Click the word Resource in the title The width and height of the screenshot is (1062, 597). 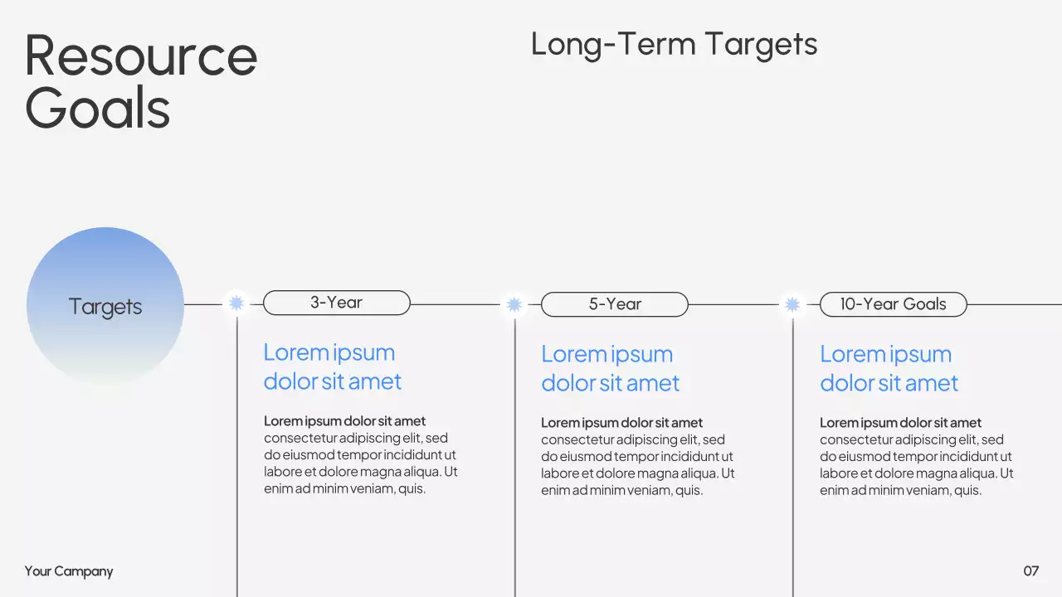[x=141, y=56]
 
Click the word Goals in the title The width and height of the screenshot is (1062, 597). [x=98, y=109]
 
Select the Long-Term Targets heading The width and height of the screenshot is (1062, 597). [x=674, y=44]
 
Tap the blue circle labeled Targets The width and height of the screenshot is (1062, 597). [x=105, y=306]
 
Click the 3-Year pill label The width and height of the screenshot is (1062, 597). [x=336, y=303]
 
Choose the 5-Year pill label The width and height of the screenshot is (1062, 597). [x=615, y=304]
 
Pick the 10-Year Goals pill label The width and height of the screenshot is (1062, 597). [x=893, y=304]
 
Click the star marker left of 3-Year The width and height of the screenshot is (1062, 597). [x=236, y=303]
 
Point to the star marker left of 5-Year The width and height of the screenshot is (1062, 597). [x=514, y=305]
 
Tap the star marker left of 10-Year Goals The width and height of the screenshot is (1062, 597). [x=792, y=305]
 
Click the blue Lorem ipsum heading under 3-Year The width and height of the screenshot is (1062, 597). [x=332, y=366]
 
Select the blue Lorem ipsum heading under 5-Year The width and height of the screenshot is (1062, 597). [x=610, y=368]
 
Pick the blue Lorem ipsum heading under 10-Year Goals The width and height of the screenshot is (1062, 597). [x=889, y=368]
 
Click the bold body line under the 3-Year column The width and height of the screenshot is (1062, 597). [x=344, y=421]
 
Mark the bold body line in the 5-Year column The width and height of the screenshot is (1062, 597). [x=621, y=423]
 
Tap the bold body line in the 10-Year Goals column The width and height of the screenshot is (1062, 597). [x=900, y=423]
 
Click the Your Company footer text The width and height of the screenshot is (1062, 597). [x=69, y=571]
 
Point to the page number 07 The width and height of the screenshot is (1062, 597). [x=1030, y=570]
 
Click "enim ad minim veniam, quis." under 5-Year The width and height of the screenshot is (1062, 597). [x=621, y=490]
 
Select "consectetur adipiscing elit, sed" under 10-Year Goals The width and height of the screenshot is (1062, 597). [x=911, y=439]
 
